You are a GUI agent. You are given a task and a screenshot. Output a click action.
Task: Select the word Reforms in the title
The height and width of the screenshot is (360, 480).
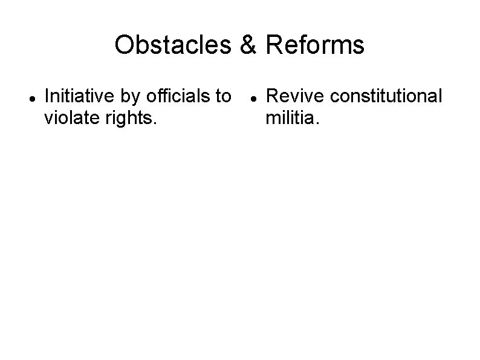(x=310, y=45)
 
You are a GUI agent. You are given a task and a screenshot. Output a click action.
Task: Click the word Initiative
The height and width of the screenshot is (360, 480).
(x=75, y=96)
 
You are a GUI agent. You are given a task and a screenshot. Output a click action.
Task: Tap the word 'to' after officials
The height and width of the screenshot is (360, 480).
(x=223, y=96)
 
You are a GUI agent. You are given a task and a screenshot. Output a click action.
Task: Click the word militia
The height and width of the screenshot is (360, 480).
(x=293, y=118)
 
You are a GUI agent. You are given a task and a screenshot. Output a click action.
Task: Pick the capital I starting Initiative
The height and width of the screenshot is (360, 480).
(x=48, y=96)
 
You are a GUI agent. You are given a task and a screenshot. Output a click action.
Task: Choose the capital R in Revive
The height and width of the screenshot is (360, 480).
(x=271, y=96)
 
